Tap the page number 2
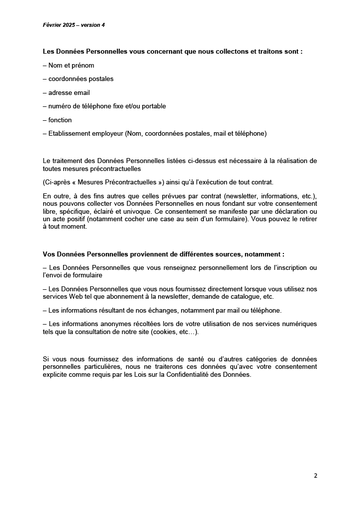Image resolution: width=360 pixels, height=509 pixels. click(315, 475)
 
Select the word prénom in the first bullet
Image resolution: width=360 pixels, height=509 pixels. click(84, 65)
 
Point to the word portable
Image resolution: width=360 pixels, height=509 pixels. click(153, 106)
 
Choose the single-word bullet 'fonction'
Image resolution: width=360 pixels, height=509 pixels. click(60, 120)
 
